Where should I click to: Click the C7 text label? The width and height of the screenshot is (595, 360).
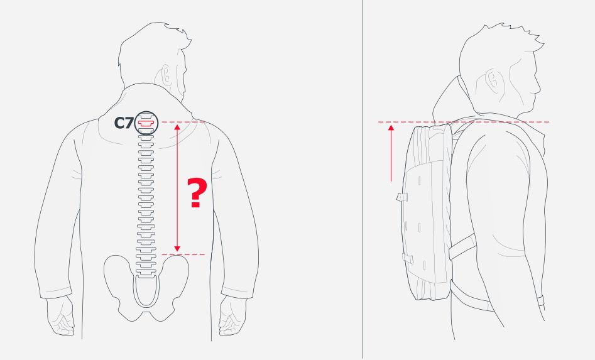pyautogui.click(x=123, y=123)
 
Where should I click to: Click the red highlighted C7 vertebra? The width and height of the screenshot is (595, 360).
pyautogui.click(x=146, y=123)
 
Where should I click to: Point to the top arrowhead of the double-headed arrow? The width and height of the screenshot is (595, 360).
pyautogui.click(x=177, y=126)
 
